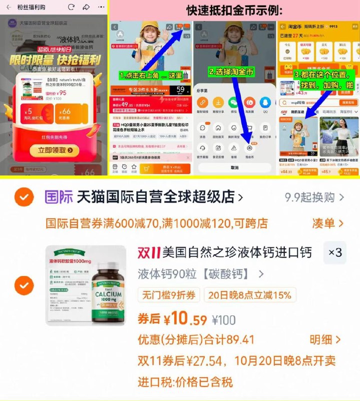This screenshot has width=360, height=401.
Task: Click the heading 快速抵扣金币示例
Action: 234,11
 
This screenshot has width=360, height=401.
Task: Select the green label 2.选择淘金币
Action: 232,72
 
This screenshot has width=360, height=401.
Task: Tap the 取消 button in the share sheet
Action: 234,167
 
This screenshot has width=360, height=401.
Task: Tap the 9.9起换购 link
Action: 313,197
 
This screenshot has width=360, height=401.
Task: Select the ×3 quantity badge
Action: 335,253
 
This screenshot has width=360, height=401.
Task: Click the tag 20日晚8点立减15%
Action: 250,295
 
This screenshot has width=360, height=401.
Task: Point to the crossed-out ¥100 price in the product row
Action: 224,319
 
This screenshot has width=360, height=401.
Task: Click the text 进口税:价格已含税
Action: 185,382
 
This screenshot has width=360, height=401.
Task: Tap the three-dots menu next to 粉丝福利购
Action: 102,7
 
